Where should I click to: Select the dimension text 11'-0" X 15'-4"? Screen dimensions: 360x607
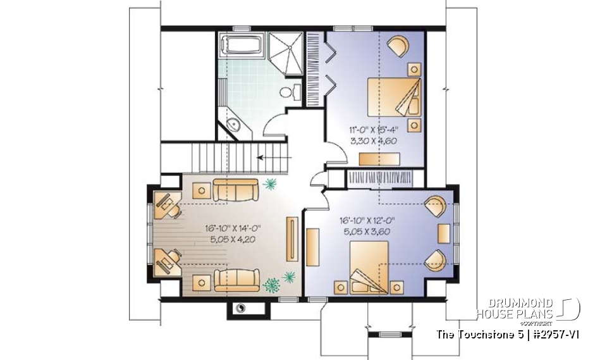[373, 130]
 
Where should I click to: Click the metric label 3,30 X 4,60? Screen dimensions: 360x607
[373, 140]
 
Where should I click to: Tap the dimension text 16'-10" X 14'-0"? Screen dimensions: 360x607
[233, 228]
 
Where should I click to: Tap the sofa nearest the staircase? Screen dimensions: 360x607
[235, 189]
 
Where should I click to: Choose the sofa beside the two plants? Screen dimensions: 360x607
[235, 279]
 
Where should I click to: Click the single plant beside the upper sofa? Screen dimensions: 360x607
[271, 184]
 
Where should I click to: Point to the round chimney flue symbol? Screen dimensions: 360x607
[240, 308]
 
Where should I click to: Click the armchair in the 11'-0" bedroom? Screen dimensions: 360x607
[398, 46]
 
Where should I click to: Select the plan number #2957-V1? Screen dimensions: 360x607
[550, 333]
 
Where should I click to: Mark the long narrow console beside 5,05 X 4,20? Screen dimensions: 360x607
[291, 239]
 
